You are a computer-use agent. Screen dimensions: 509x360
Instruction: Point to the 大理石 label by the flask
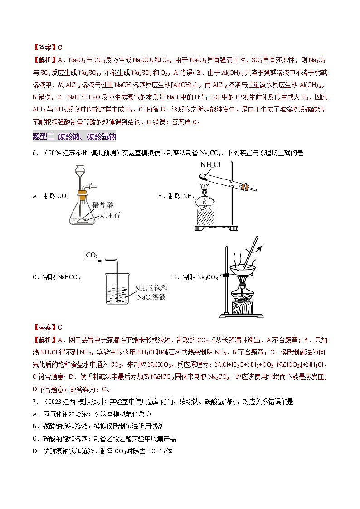pyautogui.click(x=109, y=215)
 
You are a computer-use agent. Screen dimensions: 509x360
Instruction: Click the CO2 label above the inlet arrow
pyautogui.click(x=92, y=256)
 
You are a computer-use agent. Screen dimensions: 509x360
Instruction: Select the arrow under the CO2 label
pyautogui.click(x=93, y=262)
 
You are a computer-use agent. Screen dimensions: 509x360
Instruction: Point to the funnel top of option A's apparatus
pyautogui.click(x=80, y=170)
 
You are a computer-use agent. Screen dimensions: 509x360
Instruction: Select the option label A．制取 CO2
pyautogui.click(x=50, y=196)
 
